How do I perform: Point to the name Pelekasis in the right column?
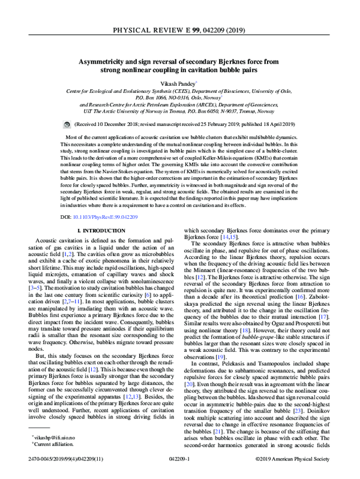238,355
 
